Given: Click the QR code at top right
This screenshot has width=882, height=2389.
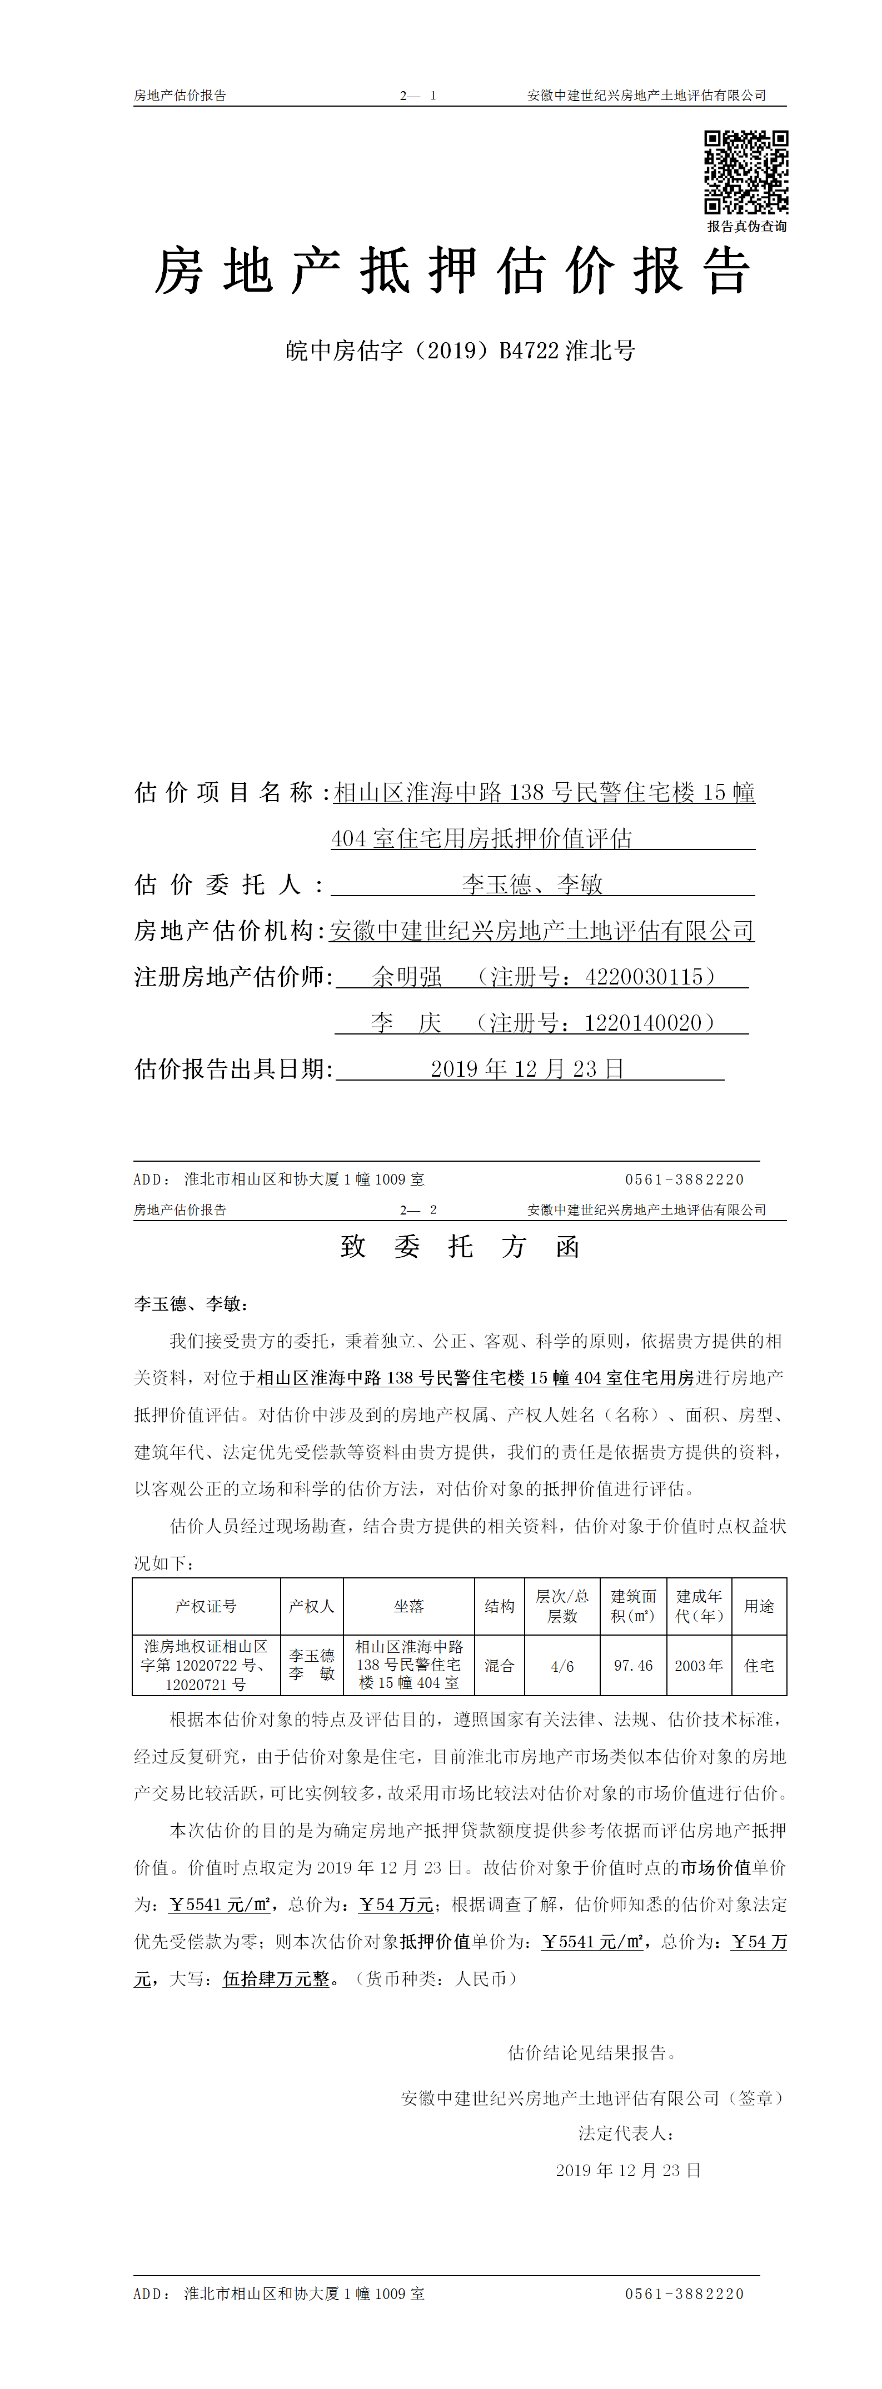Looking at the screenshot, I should (746, 172).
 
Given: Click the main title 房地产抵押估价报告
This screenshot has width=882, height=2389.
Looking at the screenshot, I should (452, 272).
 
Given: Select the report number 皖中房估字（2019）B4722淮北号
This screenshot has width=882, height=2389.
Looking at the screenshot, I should (460, 351).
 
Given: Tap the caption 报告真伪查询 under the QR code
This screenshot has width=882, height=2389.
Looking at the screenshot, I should (746, 226).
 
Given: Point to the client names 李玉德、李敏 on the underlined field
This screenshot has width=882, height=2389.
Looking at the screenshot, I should (532, 884).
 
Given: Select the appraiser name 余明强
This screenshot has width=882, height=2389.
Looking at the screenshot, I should (407, 977).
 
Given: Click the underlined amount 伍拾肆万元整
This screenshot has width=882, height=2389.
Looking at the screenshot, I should (276, 1979).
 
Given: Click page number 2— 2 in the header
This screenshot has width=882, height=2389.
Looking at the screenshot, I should (418, 1210).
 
